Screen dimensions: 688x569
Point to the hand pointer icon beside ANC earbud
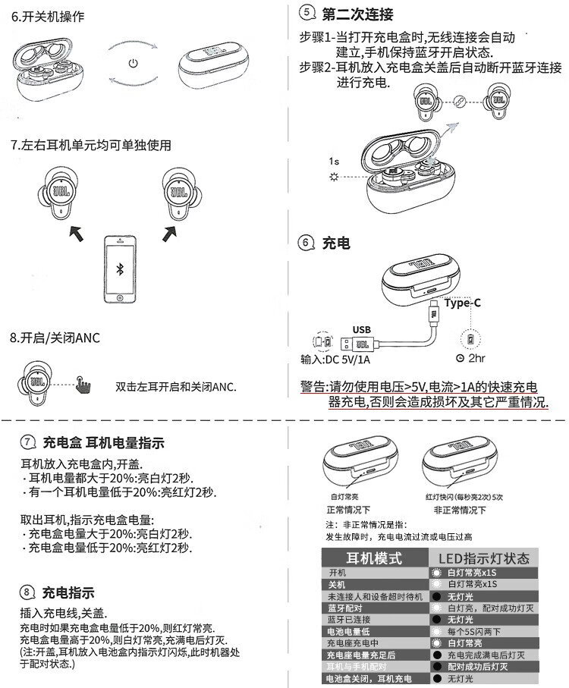click(x=82, y=386)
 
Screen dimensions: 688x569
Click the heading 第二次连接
click(x=357, y=14)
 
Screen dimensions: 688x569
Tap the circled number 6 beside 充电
click(x=306, y=243)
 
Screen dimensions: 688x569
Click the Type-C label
click(x=463, y=303)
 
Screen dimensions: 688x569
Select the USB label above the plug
click(x=362, y=329)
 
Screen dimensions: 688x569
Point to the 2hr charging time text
click(x=476, y=358)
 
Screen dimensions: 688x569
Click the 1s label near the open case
click(x=334, y=161)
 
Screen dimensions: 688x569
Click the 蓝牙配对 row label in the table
click(x=345, y=608)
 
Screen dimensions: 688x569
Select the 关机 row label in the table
click(x=337, y=584)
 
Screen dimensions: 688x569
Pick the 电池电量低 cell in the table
click(x=348, y=632)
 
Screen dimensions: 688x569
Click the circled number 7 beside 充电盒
click(x=27, y=442)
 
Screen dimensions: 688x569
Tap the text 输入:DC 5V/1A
click(x=335, y=359)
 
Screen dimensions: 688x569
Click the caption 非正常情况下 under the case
click(x=454, y=510)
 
